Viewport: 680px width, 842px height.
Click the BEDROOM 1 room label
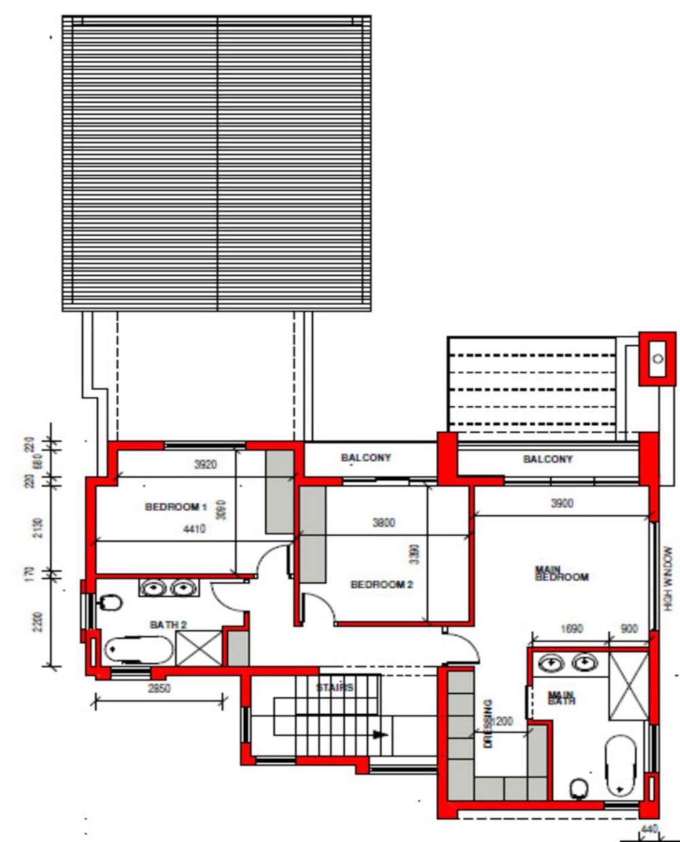(175, 507)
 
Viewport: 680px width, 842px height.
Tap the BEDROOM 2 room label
(381, 584)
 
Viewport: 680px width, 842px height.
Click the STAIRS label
(335, 688)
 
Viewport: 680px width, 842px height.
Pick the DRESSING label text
(488, 724)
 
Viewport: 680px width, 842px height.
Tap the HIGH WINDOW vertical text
(668, 579)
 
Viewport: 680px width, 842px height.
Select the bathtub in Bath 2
(139, 650)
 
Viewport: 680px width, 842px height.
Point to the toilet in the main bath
(579, 788)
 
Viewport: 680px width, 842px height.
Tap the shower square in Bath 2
(199, 648)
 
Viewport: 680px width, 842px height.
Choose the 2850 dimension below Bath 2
(159, 688)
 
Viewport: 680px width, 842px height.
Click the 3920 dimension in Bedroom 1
(205, 465)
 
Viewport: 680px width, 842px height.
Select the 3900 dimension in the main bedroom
(562, 503)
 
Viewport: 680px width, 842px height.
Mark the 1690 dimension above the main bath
(571, 629)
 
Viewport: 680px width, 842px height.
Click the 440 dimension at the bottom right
(649, 829)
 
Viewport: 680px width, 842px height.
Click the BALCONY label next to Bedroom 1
(366, 458)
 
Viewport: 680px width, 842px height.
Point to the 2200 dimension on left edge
(38, 621)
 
